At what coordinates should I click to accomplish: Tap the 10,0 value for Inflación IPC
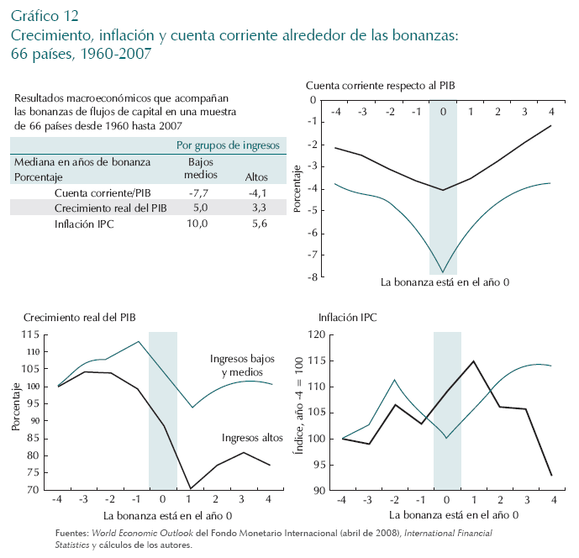(200, 224)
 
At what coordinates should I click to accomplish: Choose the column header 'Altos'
(255, 177)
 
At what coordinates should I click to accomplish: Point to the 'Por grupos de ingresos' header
(228, 145)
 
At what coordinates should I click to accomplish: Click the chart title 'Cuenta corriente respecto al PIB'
(381, 86)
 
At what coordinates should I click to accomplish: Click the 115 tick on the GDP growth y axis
(30, 334)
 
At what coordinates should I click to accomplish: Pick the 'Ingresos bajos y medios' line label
(236, 366)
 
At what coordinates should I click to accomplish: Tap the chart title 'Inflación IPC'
(347, 318)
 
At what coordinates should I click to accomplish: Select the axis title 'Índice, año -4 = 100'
(297, 412)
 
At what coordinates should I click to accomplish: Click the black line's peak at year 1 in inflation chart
(473, 361)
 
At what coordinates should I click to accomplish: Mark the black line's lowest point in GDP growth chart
(191, 488)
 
